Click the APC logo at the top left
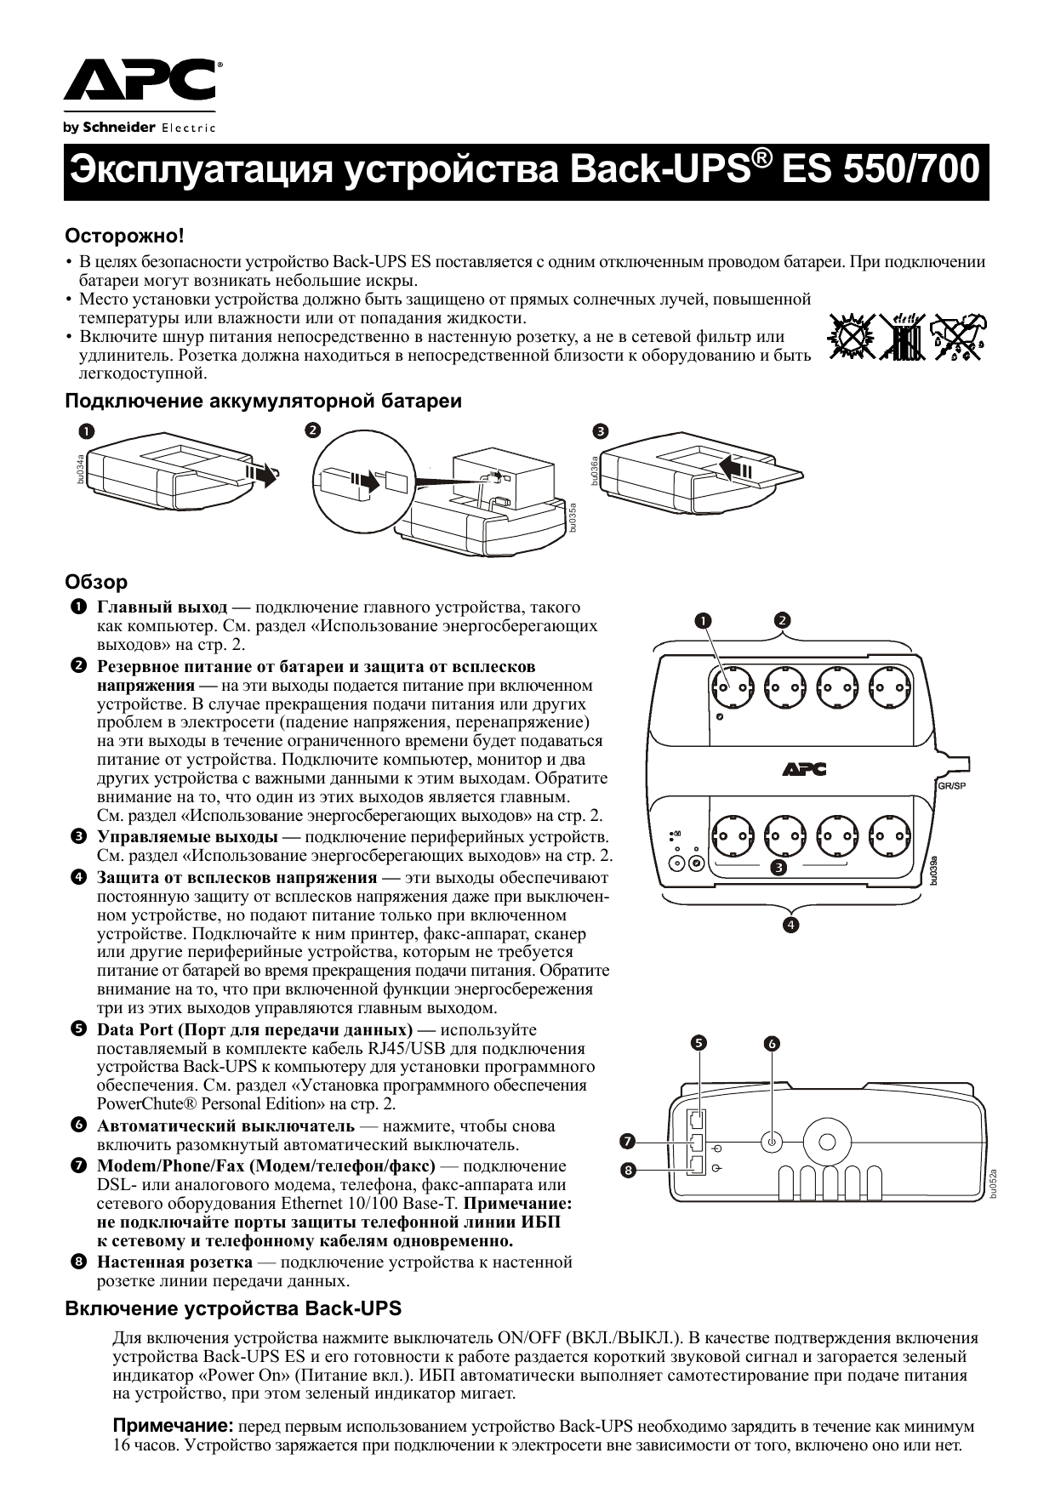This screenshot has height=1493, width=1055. (x=140, y=83)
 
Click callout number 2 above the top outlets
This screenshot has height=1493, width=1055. (x=782, y=620)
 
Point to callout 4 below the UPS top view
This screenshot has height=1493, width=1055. (x=790, y=925)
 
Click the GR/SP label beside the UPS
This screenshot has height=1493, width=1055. (x=951, y=785)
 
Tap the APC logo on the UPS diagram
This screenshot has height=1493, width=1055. (x=804, y=769)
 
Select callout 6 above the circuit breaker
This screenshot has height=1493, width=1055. (x=773, y=1043)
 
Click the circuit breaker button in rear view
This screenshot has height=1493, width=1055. (x=771, y=1141)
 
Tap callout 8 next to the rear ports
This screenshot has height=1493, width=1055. (x=628, y=1170)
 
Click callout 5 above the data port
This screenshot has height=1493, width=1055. (x=698, y=1042)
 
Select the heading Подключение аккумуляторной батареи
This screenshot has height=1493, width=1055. (x=264, y=401)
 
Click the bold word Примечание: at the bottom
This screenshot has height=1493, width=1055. (x=174, y=1425)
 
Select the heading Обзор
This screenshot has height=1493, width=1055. (x=96, y=582)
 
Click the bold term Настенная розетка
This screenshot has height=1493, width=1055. (x=174, y=1262)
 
